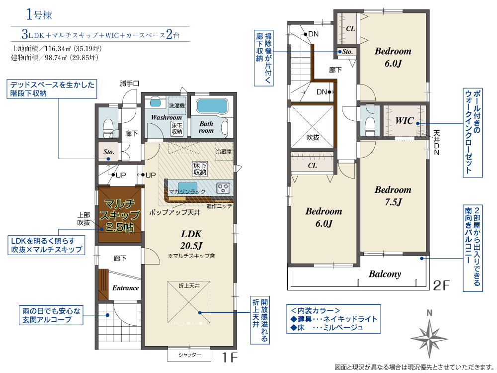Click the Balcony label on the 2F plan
(x=385, y=274)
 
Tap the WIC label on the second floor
(x=405, y=121)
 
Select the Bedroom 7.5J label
(x=393, y=195)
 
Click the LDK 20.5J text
(x=191, y=240)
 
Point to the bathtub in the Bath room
(x=212, y=106)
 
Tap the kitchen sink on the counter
(x=187, y=187)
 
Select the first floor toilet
(x=108, y=127)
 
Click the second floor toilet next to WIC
(x=370, y=126)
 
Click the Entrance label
(x=126, y=288)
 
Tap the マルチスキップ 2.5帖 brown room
(x=119, y=214)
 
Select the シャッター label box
(x=189, y=355)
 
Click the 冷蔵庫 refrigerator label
(x=224, y=152)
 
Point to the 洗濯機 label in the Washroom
(x=177, y=105)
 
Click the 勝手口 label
(x=129, y=84)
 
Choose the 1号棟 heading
(x=39, y=14)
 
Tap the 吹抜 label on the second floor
(x=313, y=138)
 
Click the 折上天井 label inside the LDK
(x=189, y=286)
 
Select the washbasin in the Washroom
(x=155, y=103)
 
